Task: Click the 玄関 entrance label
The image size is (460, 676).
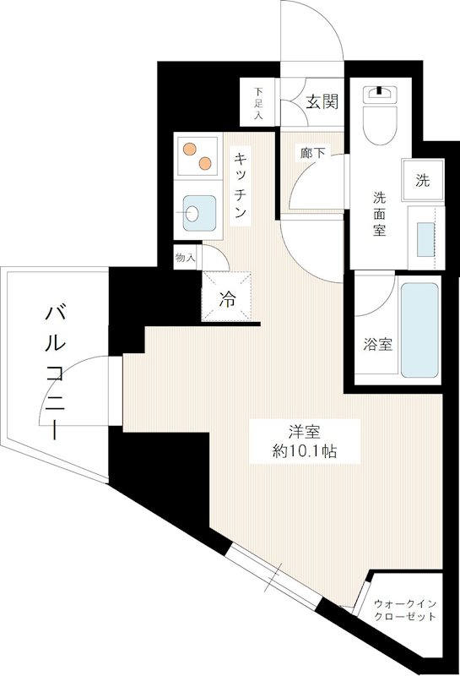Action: coord(322,102)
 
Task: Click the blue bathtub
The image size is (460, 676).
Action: coord(419,330)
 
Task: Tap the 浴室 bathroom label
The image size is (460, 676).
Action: coord(377,345)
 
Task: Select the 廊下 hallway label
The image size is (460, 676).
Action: coord(311,154)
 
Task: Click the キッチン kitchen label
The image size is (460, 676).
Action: coord(241,184)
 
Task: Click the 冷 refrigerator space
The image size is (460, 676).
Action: coord(227,297)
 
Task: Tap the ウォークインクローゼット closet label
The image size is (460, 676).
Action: coord(406,610)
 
